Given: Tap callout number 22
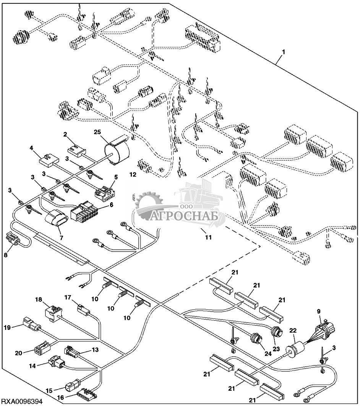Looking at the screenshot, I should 293,330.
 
